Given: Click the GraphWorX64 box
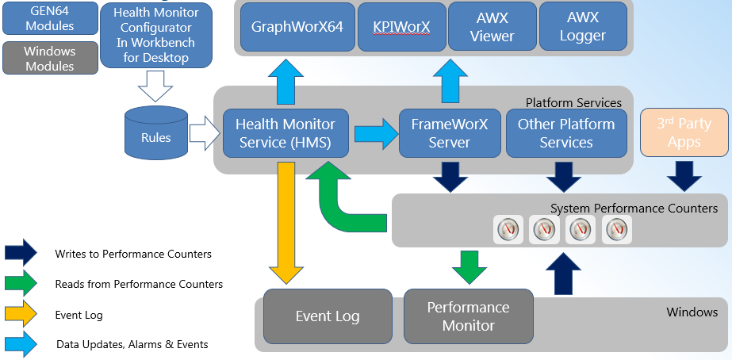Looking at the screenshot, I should click(x=297, y=26).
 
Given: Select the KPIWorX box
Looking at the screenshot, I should click(x=401, y=26).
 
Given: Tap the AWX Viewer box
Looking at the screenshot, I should click(x=492, y=26).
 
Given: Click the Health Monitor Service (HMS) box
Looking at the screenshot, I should click(x=285, y=133).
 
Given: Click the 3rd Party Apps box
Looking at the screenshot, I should click(x=684, y=132).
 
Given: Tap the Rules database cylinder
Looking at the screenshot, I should click(x=155, y=133).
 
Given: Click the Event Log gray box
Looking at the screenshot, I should click(x=328, y=316).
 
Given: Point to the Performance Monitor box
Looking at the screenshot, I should click(x=468, y=316).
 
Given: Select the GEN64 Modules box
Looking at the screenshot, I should click(x=49, y=17).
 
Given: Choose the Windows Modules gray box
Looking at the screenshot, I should click(x=49, y=58).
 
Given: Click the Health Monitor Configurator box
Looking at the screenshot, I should click(x=156, y=35).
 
